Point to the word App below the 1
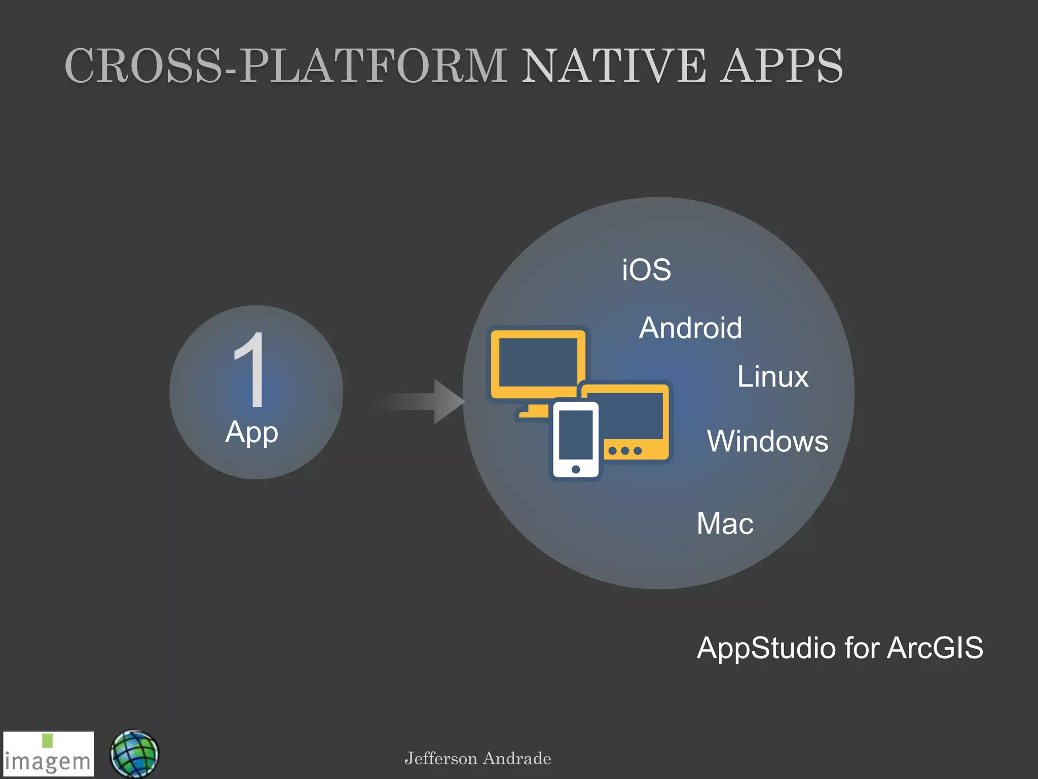251,433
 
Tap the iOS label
646,269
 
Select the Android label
690,328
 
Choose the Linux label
773,376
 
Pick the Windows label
767,441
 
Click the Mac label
725,523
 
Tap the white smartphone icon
576,439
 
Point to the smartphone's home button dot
576,469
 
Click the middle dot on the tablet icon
625,450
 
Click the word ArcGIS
935,648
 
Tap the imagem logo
48,754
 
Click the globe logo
134,754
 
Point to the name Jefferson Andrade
477,759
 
